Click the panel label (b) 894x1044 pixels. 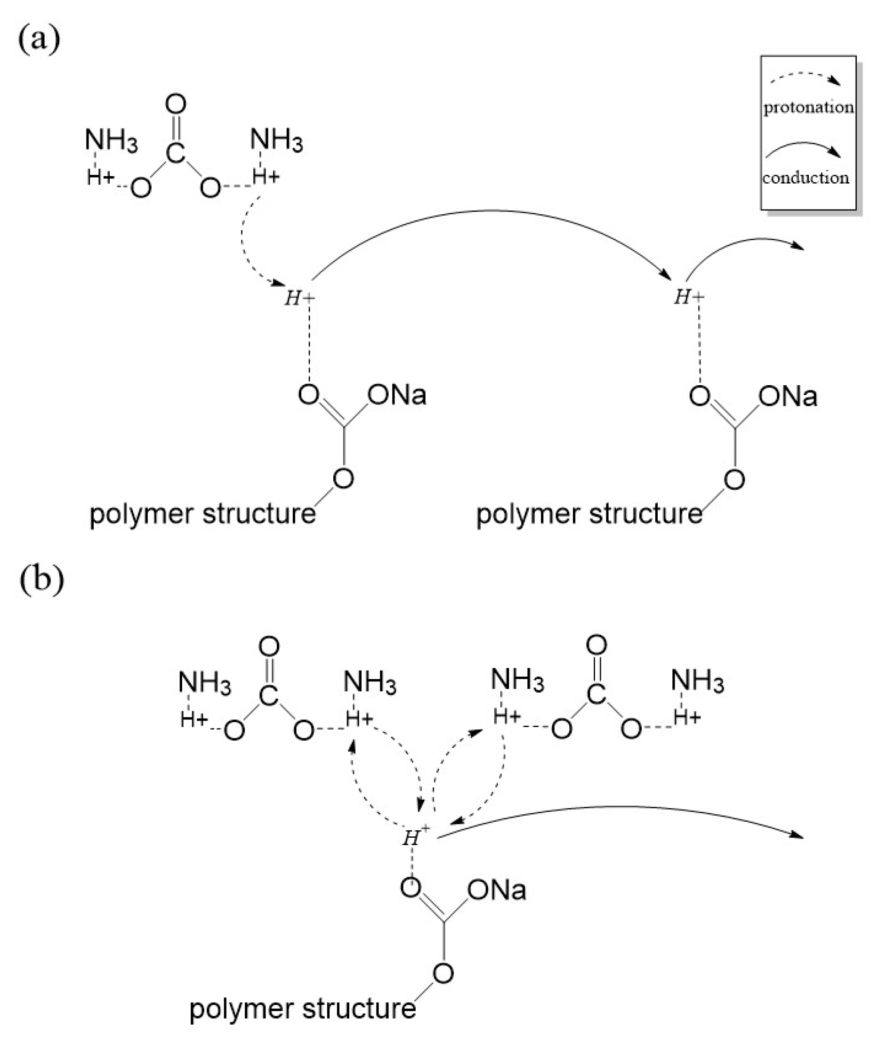(42, 579)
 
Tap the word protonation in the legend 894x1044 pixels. (808, 107)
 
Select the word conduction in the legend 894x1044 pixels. (805, 178)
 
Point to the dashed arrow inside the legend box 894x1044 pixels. (805, 77)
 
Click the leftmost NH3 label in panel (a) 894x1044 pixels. (110, 140)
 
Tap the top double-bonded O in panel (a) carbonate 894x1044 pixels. (175, 104)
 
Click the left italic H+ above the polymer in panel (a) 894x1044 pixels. (299, 298)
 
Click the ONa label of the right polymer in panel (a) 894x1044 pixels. (788, 396)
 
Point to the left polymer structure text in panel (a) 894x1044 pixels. (202, 514)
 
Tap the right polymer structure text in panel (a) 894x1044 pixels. (589, 514)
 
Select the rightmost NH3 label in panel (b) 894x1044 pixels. (697, 682)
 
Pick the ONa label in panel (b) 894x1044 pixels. (497, 890)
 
